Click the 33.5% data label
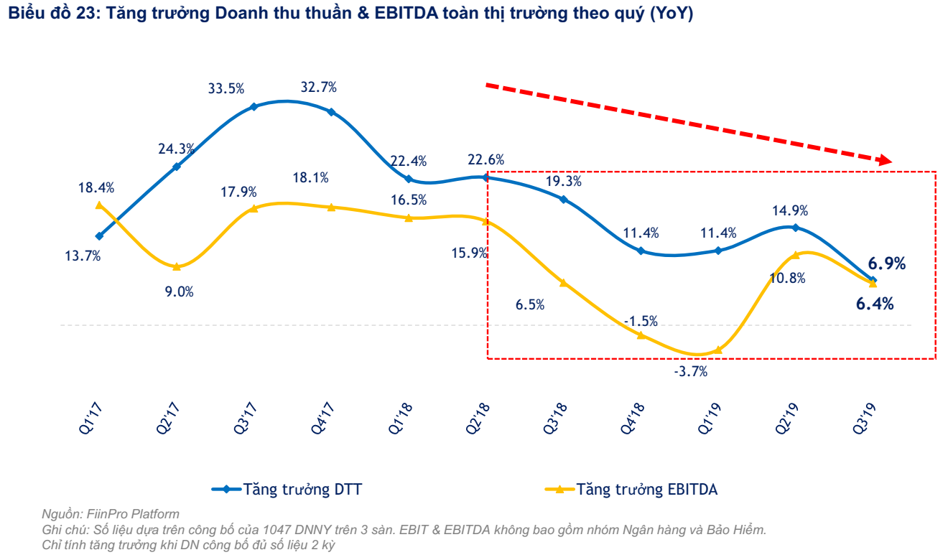point(226,88)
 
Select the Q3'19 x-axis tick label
point(862,417)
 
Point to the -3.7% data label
point(690,371)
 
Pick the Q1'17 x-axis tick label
point(90,417)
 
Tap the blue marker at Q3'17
point(254,106)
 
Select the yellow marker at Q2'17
point(177,266)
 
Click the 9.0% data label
point(180,291)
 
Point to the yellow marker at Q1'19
point(717,350)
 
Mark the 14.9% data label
point(791,210)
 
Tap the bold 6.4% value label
point(875,304)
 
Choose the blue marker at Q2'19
point(794,227)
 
